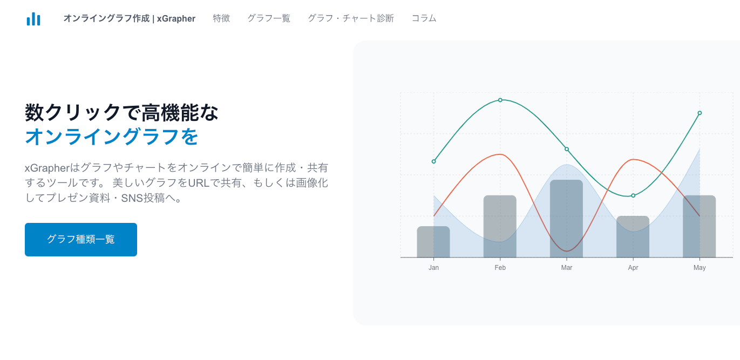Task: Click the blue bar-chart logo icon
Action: pyautogui.click(x=33, y=19)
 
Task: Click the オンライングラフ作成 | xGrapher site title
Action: pyautogui.click(x=129, y=18)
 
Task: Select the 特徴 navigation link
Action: pyautogui.click(x=221, y=18)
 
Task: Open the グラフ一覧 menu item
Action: pyautogui.click(x=269, y=18)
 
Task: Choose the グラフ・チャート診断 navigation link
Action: pyautogui.click(x=351, y=18)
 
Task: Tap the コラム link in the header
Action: pyautogui.click(x=424, y=18)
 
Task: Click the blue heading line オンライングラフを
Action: pyautogui.click(x=112, y=137)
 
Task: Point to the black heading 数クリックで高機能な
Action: pyautogui.click(x=122, y=112)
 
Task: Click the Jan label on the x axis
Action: pyautogui.click(x=433, y=268)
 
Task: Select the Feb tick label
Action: pyautogui.click(x=500, y=268)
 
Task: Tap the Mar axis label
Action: pyautogui.click(x=567, y=268)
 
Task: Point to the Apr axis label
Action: pyautogui.click(x=633, y=268)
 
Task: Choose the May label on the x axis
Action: pyautogui.click(x=700, y=268)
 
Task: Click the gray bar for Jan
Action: pyautogui.click(x=433, y=242)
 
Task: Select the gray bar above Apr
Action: pyautogui.click(x=633, y=237)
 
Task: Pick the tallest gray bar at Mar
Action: pyautogui.click(x=567, y=219)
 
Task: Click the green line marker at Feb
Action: pyautogui.click(x=500, y=100)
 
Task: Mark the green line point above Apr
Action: pyautogui.click(x=633, y=195)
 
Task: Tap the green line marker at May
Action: pyautogui.click(x=700, y=113)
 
